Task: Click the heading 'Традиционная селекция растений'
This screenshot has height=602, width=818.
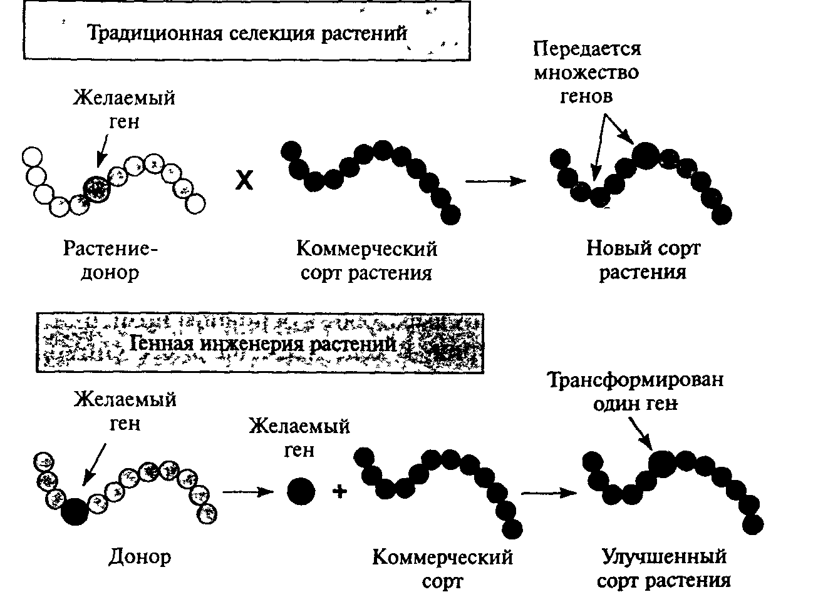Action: point(247,33)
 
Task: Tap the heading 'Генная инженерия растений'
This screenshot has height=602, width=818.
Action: point(263,344)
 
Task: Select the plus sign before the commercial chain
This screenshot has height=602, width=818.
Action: point(340,492)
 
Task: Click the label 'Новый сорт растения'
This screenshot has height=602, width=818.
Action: point(643,260)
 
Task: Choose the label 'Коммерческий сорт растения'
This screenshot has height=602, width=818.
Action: point(366,261)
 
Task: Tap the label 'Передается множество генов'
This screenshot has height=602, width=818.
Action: point(587,73)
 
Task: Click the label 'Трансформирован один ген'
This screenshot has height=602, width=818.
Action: point(636,391)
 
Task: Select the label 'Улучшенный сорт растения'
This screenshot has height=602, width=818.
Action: point(664,568)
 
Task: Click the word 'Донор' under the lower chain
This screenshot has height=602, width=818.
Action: point(140,556)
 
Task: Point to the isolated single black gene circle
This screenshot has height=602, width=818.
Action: point(301,491)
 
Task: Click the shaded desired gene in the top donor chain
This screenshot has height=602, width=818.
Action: point(96,187)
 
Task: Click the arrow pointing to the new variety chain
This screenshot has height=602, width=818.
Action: point(495,181)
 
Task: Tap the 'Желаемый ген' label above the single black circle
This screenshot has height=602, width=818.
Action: point(299,437)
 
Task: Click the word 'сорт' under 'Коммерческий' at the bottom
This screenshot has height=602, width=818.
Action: point(442,581)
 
